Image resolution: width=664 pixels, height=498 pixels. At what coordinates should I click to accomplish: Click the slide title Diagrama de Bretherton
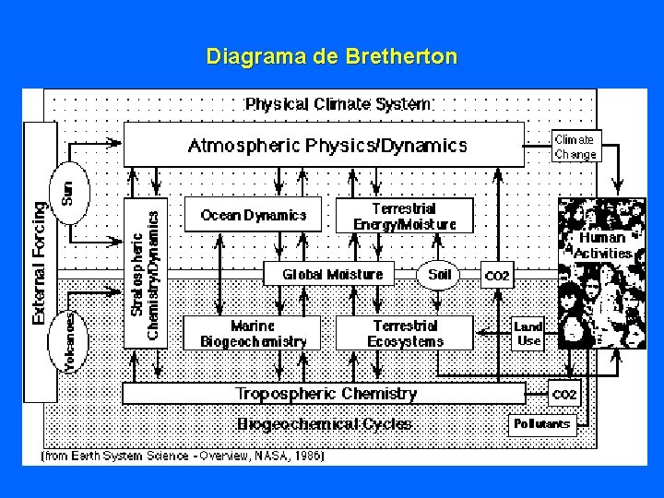tap(331, 57)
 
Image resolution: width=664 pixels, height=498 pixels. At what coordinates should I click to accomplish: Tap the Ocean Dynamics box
tap(254, 215)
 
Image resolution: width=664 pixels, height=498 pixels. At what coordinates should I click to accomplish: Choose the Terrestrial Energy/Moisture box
tap(404, 216)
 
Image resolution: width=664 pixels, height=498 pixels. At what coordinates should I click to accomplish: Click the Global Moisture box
tap(333, 274)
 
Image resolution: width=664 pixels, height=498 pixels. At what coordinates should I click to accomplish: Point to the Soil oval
tap(440, 274)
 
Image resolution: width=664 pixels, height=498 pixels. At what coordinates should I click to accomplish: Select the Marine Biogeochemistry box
tap(254, 334)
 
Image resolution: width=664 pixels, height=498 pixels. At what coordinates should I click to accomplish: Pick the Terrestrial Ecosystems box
tap(405, 334)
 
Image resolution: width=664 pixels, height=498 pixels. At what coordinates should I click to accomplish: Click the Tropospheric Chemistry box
tap(325, 394)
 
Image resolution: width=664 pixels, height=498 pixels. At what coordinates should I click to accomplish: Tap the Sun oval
tap(67, 192)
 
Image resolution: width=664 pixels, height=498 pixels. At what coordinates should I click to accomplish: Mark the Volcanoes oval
tap(70, 342)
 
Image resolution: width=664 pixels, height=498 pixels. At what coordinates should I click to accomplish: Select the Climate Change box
tap(575, 147)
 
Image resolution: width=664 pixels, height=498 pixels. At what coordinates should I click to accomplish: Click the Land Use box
tap(528, 333)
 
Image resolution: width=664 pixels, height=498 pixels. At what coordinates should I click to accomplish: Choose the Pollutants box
tap(541, 424)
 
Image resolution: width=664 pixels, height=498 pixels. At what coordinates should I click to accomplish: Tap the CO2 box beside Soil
tap(497, 276)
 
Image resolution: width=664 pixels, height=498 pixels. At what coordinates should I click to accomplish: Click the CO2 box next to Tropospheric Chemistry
tap(563, 394)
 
